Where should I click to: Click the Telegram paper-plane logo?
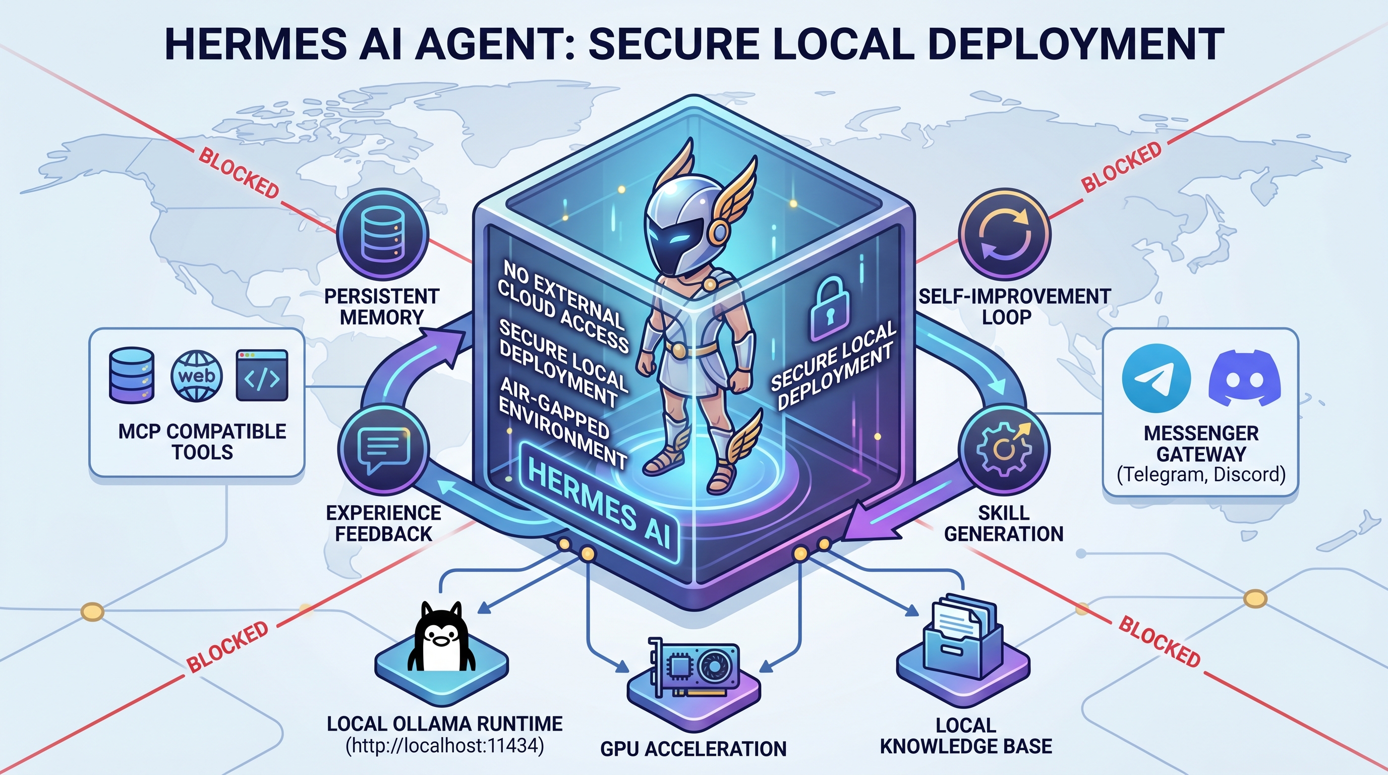pos(1156,378)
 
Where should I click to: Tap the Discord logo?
pos(1245,377)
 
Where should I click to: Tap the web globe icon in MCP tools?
pos(196,376)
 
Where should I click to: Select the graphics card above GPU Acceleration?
pos(693,669)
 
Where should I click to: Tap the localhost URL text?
pos(444,746)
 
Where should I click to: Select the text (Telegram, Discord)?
pos(1201,475)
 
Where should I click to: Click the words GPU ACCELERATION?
pos(693,749)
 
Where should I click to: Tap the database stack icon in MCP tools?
pos(132,375)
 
